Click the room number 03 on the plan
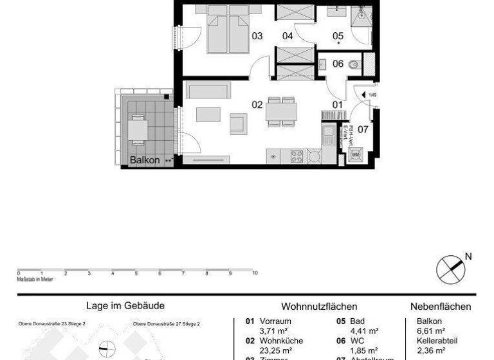(257, 36)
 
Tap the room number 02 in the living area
(257, 104)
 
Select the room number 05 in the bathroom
(338, 36)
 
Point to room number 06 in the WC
(338, 64)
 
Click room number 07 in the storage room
(363, 129)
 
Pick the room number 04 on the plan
(288, 36)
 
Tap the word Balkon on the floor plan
(144, 160)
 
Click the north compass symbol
(450, 268)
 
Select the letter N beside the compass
(468, 256)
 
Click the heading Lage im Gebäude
(125, 307)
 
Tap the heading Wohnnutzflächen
(319, 307)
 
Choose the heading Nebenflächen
(441, 307)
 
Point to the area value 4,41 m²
(363, 331)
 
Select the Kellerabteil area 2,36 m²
(431, 350)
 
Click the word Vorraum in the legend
(275, 321)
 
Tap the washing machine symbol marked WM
(355, 155)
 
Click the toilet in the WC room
(352, 64)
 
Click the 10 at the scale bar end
(255, 273)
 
